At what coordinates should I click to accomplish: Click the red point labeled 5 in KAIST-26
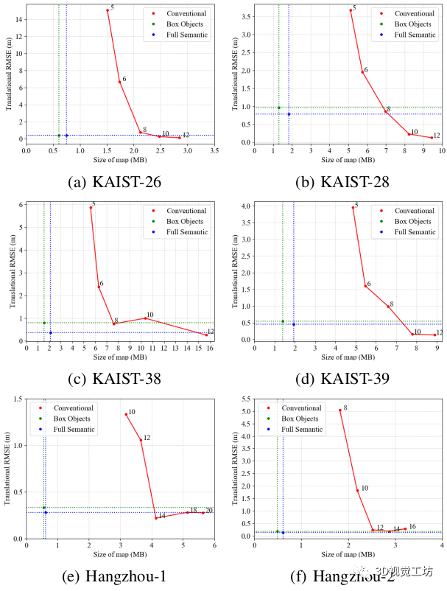click(108, 10)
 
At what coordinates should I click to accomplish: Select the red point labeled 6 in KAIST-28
click(362, 71)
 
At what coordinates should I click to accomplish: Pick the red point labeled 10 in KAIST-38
click(146, 318)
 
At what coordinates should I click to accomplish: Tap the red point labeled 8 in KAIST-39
click(388, 307)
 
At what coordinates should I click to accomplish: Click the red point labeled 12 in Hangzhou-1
click(141, 440)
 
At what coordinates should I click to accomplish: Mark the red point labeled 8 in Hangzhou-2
click(340, 410)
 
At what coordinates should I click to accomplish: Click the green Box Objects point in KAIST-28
click(279, 108)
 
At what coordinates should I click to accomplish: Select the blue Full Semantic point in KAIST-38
click(50, 332)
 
